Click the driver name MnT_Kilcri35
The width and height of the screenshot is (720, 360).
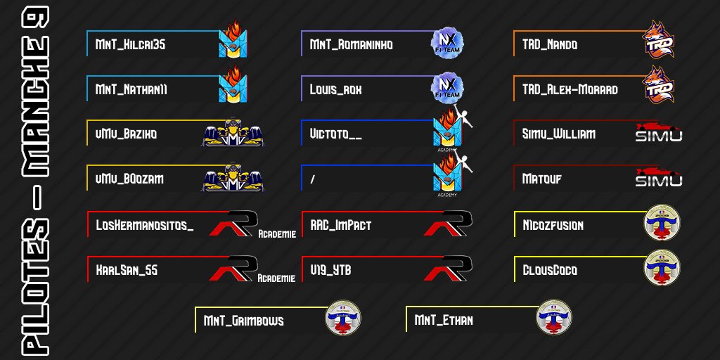[x=130, y=44]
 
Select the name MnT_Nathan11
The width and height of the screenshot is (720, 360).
[x=131, y=90]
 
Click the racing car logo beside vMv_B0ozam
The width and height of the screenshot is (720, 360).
[x=232, y=179]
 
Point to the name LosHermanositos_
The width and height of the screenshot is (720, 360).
[x=144, y=226]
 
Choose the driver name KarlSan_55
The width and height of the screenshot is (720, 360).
[x=127, y=270]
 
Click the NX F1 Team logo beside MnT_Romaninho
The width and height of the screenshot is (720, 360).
[x=447, y=44]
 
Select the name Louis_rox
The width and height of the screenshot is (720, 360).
[x=335, y=90]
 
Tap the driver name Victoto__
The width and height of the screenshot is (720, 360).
[x=335, y=134]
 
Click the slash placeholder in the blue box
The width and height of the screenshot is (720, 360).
[x=311, y=179]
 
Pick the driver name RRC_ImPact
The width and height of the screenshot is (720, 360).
[x=340, y=226]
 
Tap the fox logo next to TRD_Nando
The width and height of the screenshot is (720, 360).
[x=659, y=40]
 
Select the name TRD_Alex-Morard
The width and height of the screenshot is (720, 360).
[x=570, y=90]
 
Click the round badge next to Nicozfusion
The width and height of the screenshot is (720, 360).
[x=662, y=224]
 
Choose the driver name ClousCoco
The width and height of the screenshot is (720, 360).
[x=550, y=270]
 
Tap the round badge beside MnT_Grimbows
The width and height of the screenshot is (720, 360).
[x=342, y=318]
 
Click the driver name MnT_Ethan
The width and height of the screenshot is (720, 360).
[x=444, y=321]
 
